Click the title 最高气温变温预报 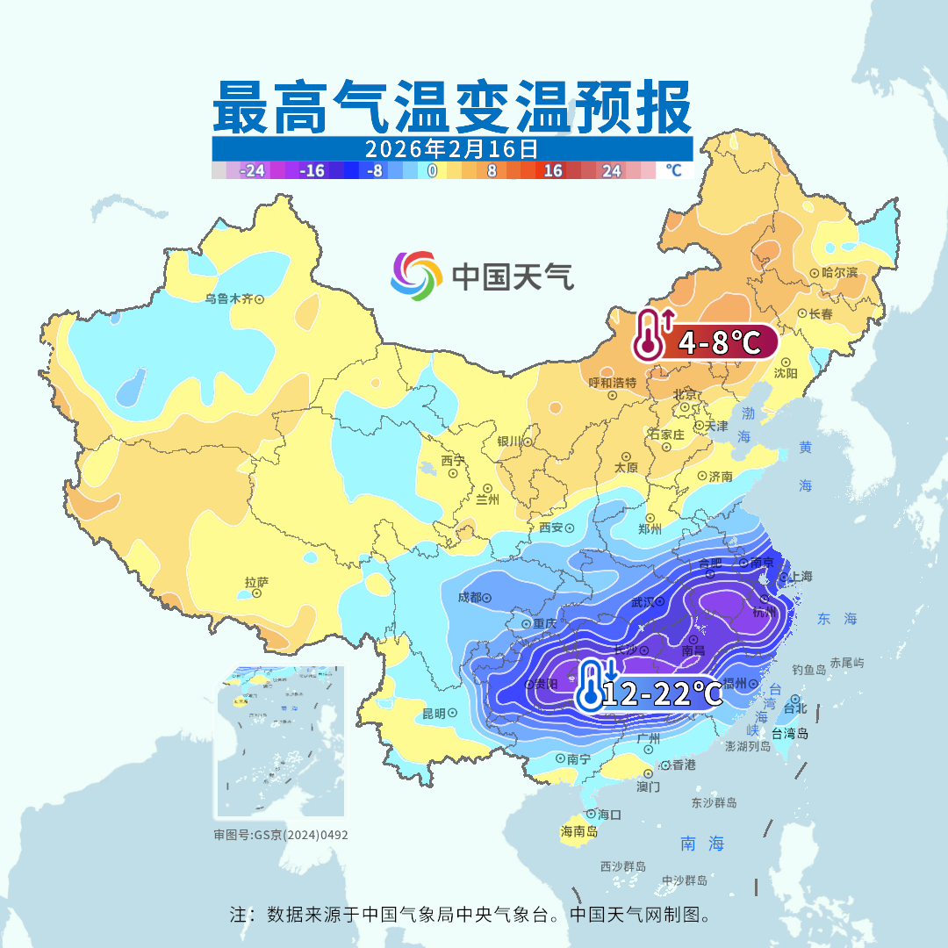coord(451,108)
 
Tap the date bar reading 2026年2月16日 coord(451,147)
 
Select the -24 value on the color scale coord(253,170)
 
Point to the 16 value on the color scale coord(553,170)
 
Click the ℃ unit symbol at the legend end coord(672,170)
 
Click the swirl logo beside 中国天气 coord(416,276)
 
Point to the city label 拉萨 coord(256,582)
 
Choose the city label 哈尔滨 coord(839,273)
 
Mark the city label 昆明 coord(434,713)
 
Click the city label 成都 coord(470,598)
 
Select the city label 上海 coord(801,577)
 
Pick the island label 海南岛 coord(579,831)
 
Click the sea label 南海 coord(703,844)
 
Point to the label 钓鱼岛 coord(808,670)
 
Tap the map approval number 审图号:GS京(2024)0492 coord(281,835)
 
